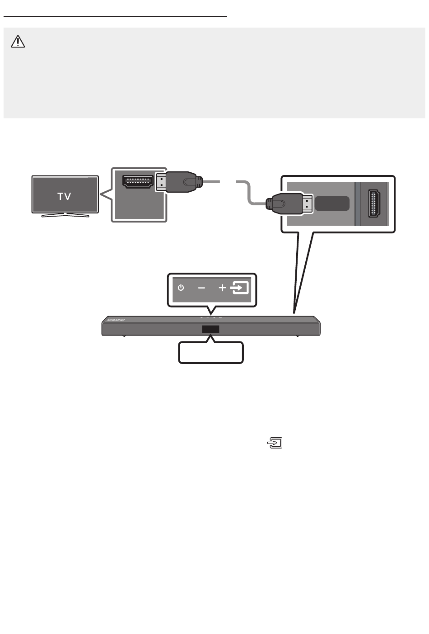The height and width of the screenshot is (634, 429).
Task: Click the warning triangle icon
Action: click(x=18, y=42)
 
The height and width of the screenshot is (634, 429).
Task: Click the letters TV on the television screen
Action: click(x=64, y=196)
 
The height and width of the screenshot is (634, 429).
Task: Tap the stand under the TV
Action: click(x=65, y=215)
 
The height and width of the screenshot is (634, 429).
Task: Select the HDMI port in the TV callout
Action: click(x=138, y=182)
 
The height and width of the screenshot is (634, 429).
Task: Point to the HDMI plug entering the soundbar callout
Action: click(x=289, y=203)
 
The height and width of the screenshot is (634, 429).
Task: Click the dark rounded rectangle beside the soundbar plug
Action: click(x=332, y=203)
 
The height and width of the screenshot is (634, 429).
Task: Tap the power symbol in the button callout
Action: click(x=181, y=288)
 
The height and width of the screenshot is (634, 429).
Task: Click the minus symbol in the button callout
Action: click(x=201, y=288)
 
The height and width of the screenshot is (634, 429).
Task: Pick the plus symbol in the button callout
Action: click(x=223, y=288)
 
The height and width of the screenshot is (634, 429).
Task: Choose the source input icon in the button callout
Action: click(x=239, y=288)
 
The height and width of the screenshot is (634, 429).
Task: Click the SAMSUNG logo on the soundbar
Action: click(x=116, y=320)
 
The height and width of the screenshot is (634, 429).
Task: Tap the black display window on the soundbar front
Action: click(x=210, y=329)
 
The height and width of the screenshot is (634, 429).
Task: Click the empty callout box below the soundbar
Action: click(x=211, y=352)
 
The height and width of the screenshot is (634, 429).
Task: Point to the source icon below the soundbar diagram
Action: click(x=275, y=443)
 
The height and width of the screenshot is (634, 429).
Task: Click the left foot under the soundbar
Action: click(x=124, y=336)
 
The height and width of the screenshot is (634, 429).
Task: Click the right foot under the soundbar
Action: click(x=297, y=336)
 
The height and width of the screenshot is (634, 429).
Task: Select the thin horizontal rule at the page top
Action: click(x=115, y=17)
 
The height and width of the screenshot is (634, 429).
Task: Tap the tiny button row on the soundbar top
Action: click(x=211, y=317)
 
